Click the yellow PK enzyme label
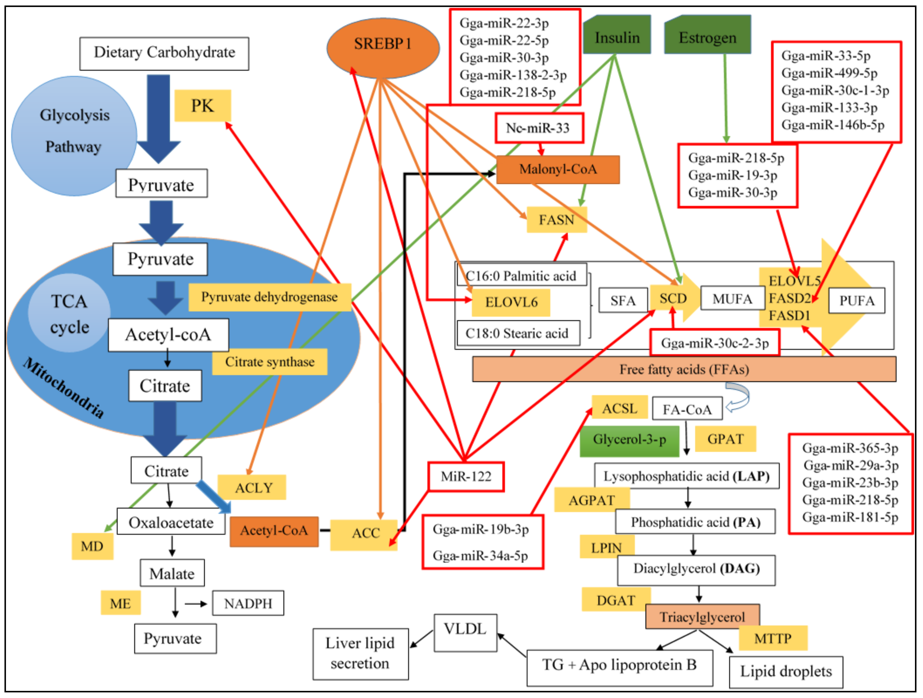point(202,106)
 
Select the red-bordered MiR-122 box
point(466,477)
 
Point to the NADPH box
point(248,603)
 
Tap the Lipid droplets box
point(785,672)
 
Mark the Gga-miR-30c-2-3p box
point(714,343)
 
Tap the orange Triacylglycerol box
point(702,617)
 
